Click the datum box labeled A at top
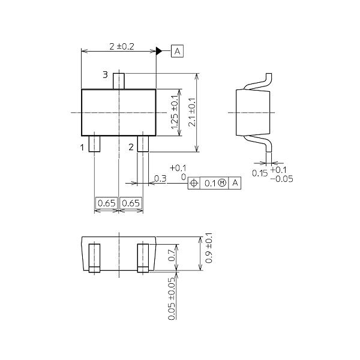[177, 52]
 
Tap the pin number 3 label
[105, 75]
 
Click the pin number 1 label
[83, 146]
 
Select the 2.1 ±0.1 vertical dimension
[191, 113]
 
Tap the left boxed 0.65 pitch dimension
[106, 203]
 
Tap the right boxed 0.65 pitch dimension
[131, 203]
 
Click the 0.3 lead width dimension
[160, 178]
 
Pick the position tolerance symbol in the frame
[194, 182]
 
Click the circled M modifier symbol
[223, 182]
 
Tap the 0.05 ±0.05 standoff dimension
[172, 298]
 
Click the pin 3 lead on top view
[119, 80]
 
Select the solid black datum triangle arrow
[160, 52]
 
